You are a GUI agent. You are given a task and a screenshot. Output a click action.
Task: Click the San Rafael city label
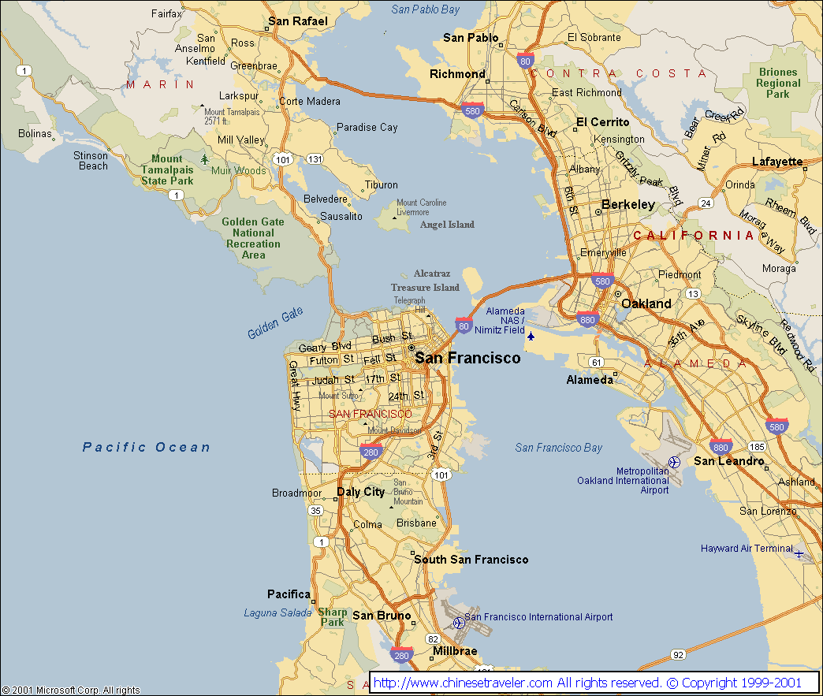pyautogui.click(x=297, y=21)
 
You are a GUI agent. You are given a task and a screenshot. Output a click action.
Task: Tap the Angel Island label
pyautogui.click(x=447, y=225)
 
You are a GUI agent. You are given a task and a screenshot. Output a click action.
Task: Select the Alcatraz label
pyautogui.click(x=432, y=274)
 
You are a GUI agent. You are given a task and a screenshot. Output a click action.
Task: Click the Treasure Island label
pyautogui.click(x=425, y=288)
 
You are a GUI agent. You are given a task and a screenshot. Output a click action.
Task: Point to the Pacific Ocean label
pyautogui.click(x=147, y=447)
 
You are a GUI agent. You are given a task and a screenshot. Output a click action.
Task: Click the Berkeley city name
pyautogui.click(x=628, y=205)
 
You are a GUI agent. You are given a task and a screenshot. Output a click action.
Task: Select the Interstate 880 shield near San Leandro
pyautogui.click(x=720, y=446)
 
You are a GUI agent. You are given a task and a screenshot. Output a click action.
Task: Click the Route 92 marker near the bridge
pyautogui.click(x=678, y=654)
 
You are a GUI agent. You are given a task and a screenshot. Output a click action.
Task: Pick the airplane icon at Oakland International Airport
pyautogui.click(x=674, y=462)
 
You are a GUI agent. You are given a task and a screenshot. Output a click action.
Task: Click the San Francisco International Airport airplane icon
pyautogui.click(x=459, y=623)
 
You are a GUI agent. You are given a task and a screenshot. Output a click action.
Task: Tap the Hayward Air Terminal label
pyautogui.click(x=747, y=549)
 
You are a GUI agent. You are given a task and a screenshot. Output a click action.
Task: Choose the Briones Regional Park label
pyautogui.click(x=778, y=83)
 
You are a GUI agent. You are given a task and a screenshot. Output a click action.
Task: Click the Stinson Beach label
pyautogui.click(x=91, y=161)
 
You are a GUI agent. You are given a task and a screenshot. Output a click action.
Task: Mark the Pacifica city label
pyautogui.click(x=289, y=594)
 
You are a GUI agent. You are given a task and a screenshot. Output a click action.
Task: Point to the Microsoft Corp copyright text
pyautogui.click(x=71, y=690)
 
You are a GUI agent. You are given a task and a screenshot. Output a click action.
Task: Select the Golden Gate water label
pyautogui.click(x=275, y=323)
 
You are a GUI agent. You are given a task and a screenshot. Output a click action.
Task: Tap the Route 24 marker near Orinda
pyautogui.click(x=706, y=203)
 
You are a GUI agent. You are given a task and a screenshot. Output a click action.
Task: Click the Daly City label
pyautogui.click(x=361, y=492)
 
